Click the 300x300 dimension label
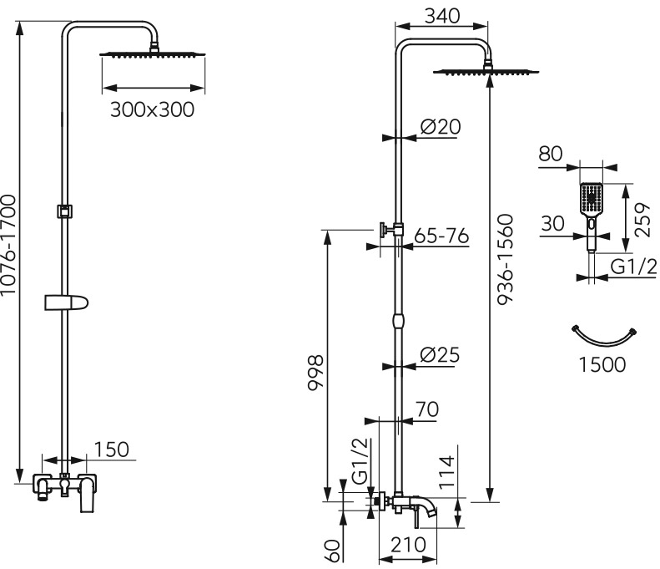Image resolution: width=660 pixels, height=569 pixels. tap(153, 110)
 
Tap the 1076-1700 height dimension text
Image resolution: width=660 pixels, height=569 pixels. tap(8, 246)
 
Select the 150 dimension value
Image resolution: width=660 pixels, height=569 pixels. tap(111, 450)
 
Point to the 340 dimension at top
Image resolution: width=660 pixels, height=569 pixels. tap(442, 17)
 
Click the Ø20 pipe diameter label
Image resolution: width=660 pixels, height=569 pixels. tap(441, 126)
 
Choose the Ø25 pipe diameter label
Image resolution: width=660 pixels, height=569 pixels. tap(440, 355)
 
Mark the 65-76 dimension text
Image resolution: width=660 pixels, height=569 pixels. tap(441, 236)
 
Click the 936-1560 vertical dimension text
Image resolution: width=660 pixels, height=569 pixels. tap(506, 260)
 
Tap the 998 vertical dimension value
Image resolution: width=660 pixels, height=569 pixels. tap(315, 373)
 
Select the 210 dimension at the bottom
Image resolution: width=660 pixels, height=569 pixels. tap(408, 545)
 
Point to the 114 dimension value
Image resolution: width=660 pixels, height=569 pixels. tap(447, 472)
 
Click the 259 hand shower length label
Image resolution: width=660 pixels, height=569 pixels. tap(642, 221)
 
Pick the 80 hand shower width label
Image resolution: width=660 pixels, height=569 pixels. tap(551, 154)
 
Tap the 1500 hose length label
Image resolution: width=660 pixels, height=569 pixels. tap(602, 364)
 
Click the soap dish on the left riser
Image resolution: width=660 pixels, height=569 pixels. tap(67, 302)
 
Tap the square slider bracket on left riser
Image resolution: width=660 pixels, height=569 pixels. tap(65, 211)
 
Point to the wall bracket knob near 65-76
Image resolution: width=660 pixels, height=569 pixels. tap(384, 230)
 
